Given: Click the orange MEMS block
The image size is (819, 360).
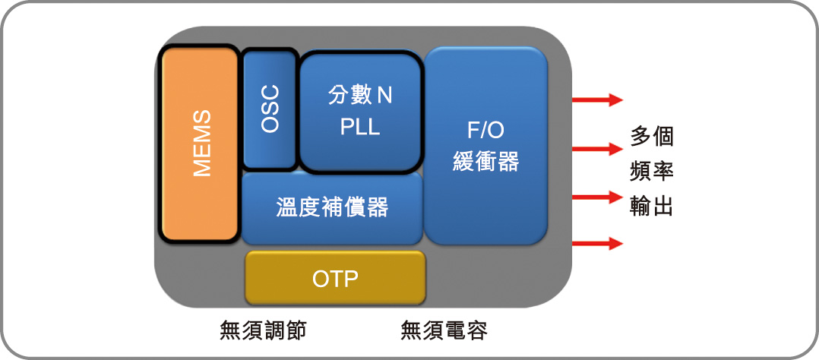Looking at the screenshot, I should pos(200,144).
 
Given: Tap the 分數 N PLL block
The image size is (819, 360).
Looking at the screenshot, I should pos(360,112).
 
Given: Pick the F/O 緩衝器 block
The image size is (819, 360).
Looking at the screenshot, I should pos(485,146).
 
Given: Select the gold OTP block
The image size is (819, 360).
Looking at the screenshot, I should pos(335,278).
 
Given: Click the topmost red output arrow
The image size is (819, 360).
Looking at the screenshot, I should pos(597,99).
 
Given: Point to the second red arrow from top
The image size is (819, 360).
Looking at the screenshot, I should pos(597,149).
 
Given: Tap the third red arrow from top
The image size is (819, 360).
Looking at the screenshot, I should pos(597,197).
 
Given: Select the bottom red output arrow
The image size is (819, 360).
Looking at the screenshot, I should pos(597,243).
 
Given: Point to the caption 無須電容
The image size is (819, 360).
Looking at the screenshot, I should pos(444,330).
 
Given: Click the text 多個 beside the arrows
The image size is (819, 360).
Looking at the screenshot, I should pos(652,137).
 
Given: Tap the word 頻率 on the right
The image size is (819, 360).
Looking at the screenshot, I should pos(652,172).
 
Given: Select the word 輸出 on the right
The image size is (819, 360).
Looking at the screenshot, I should pos(652,207).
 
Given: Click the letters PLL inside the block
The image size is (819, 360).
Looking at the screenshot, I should pos(360,128).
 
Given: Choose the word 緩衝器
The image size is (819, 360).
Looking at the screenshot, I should pos(485,162).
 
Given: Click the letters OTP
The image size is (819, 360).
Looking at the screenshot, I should pos(335,279).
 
